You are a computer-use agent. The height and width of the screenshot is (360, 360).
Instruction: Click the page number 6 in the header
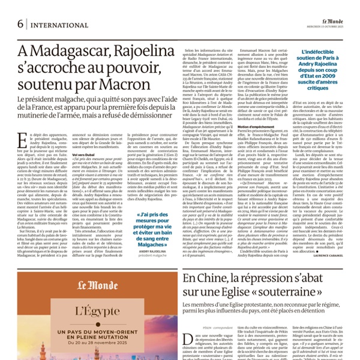(x=21, y=24)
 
